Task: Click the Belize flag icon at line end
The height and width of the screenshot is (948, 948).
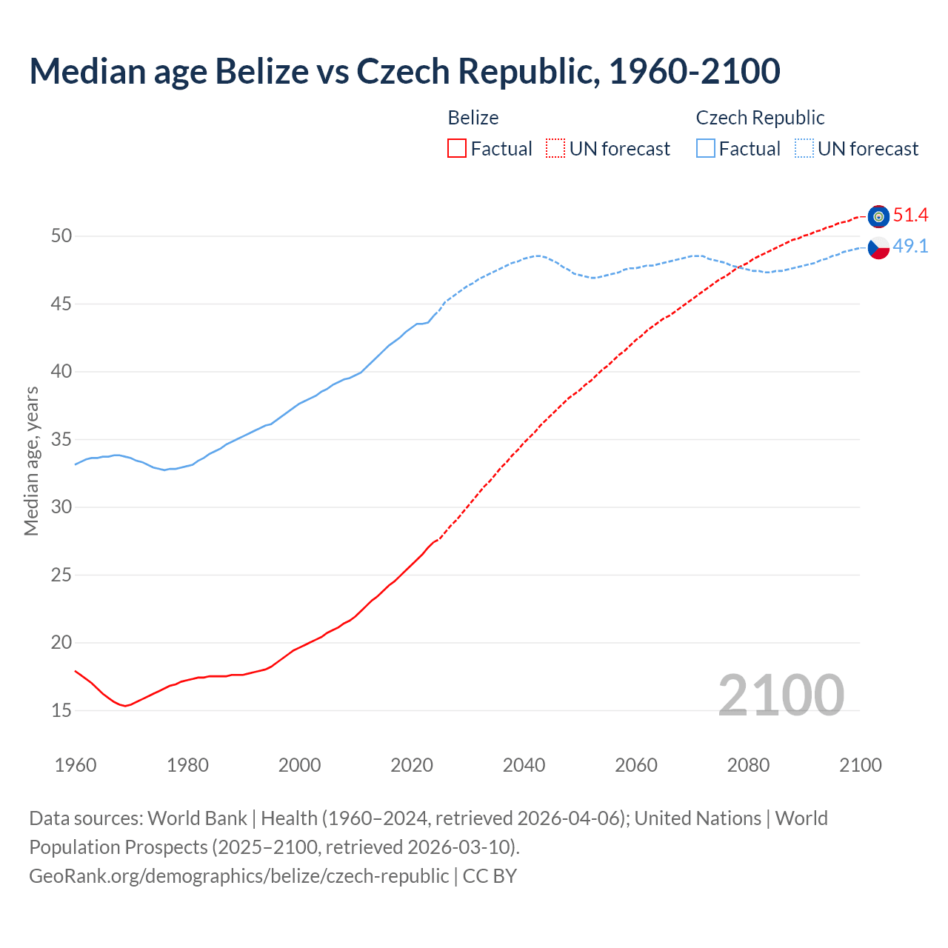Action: (878, 216)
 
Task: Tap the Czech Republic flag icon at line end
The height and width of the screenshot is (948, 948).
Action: (878, 248)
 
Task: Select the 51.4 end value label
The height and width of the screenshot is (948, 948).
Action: (910, 216)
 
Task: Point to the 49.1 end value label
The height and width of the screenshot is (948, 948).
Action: (910, 247)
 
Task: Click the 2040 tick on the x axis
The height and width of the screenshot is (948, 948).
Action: (524, 765)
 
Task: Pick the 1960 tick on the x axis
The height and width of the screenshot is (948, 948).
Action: (76, 765)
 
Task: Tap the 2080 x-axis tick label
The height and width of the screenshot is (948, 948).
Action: (748, 765)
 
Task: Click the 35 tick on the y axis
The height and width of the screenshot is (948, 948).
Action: (61, 439)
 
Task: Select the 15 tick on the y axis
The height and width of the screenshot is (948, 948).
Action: (61, 710)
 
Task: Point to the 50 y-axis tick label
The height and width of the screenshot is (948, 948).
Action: (61, 236)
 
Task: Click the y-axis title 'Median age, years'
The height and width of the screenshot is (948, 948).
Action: (31, 461)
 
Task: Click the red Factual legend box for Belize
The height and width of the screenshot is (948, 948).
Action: (457, 149)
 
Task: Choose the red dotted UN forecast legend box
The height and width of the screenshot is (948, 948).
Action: (555, 149)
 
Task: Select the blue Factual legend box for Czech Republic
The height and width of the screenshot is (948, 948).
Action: (706, 149)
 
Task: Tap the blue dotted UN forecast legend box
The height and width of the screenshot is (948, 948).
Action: (804, 149)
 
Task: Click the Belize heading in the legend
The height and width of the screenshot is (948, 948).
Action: (473, 118)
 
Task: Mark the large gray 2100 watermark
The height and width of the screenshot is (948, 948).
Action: (781, 695)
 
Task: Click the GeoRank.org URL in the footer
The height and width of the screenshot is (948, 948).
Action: (238, 875)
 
